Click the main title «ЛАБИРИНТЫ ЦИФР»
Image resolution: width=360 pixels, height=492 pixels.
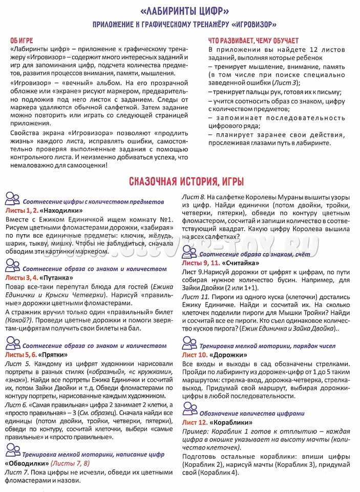tap(180, 11)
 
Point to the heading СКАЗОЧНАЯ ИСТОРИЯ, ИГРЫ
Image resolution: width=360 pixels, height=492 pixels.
tap(179, 181)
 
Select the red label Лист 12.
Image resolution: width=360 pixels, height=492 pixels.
tap(195, 422)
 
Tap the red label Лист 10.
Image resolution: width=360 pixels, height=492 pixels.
tap(195, 355)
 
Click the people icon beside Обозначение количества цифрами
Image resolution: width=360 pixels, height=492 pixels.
tap(189, 409)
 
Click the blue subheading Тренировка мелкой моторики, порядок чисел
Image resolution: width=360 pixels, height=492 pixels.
tap(267, 346)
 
